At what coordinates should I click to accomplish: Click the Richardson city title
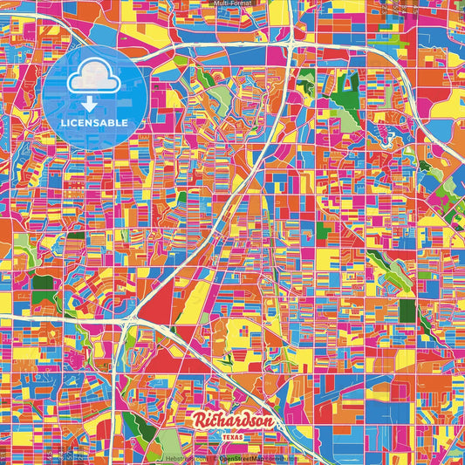pyautogui.click(x=233, y=421)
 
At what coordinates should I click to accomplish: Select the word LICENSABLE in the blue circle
pyautogui.click(x=93, y=122)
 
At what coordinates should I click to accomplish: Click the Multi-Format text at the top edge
pyautogui.click(x=232, y=4)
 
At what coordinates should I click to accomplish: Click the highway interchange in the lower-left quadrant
pyautogui.click(x=128, y=324)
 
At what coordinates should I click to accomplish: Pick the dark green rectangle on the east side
pyautogui.click(x=324, y=232)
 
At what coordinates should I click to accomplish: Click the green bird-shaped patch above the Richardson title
pyautogui.click(x=228, y=357)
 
